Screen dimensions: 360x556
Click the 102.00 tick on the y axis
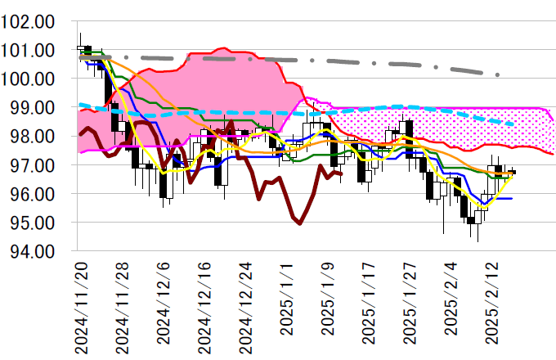(29, 21)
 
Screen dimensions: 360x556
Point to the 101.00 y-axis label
(29, 50)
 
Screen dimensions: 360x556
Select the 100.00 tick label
(29, 79)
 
